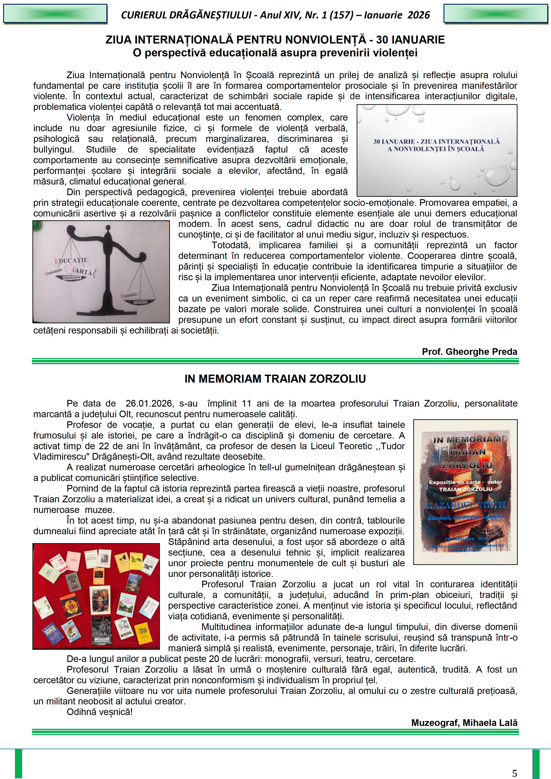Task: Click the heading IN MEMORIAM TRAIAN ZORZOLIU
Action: click(x=275, y=379)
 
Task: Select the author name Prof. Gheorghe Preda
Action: click(x=469, y=352)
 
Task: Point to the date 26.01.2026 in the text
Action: click(x=149, y=403)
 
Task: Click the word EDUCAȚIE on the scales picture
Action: click(x=72, y=260)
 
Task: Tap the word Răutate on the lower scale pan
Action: click(x=129, y=295)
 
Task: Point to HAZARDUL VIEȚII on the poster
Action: click(x=465, y=505)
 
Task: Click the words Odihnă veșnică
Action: click(x=99, y=712)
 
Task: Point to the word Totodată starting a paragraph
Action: click(x=231, y=245)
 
